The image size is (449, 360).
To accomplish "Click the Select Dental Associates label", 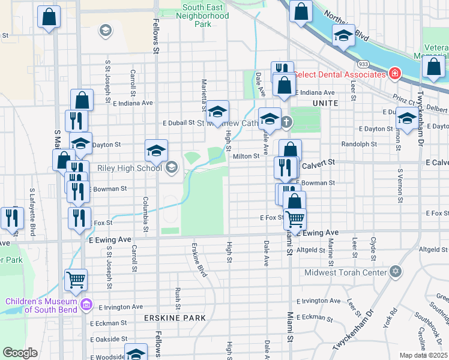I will [339, 74].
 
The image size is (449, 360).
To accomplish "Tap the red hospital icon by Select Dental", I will [395, 74].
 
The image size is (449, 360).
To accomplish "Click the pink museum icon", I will [86, 305].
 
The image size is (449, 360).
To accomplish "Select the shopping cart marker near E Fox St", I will [295, 220].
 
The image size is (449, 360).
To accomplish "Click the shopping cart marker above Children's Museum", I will [76, 280].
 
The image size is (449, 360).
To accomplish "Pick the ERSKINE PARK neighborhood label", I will [175, 317].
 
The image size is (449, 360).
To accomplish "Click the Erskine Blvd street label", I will [199, 259].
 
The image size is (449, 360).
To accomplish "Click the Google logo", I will [20, 353].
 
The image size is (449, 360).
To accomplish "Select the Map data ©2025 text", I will [424, 355].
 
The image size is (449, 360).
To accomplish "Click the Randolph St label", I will [359, 144].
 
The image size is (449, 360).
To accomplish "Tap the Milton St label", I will [246, 156].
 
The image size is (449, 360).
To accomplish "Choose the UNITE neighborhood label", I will [325, 103].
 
